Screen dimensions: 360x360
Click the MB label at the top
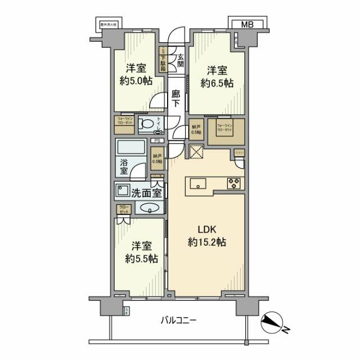click(x=247, y=24)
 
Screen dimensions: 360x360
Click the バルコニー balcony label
click(x=178, y=321)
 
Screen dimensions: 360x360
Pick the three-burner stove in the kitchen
click(x=234, y=183)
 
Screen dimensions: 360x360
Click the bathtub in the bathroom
click(x=133, y=149)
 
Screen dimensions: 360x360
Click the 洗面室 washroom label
click(x=147, y=192)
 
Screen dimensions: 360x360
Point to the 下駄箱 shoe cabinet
click(x=163, y=57)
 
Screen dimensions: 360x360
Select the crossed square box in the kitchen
click(x=196, y=152)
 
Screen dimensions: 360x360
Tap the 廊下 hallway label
click(x=175, y=99)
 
